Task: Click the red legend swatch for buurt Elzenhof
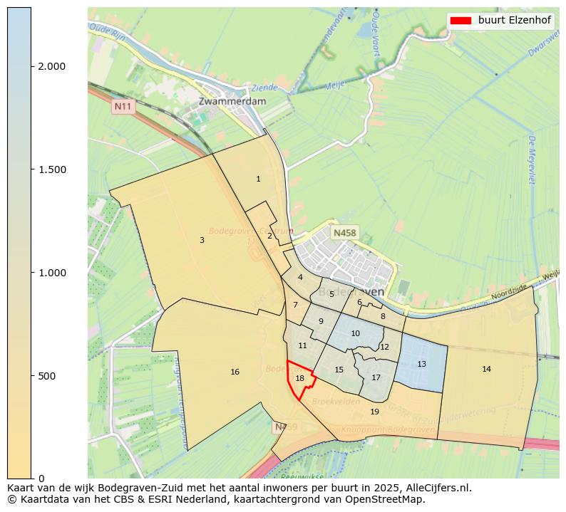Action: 461,20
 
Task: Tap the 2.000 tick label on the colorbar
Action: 51,66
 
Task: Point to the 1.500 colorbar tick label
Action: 51,169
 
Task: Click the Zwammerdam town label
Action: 232,101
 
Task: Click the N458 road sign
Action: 344,233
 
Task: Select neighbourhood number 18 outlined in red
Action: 300,378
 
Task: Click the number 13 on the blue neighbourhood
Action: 421,364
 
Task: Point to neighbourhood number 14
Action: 486,369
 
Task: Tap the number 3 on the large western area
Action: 202,240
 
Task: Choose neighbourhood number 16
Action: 235,372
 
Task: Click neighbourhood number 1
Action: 258,179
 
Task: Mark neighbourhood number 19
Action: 375,412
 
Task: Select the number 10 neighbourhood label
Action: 355,333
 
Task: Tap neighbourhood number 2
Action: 269,236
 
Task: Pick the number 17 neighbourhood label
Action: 376,377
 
